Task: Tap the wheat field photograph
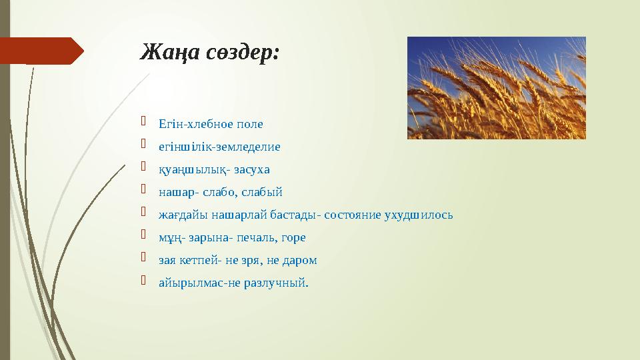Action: click(x=496, y=88)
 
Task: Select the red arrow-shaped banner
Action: click(x=41, y=51)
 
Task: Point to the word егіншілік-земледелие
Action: click(x=219, y=147)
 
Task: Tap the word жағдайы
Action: click(x=183, y=215)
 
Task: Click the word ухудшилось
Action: click(x=419, y=215)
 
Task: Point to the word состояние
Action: click(x=353, y=215)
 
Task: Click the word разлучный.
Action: click(x=276, y=283)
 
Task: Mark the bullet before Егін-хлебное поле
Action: click(x=143, y=121)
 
